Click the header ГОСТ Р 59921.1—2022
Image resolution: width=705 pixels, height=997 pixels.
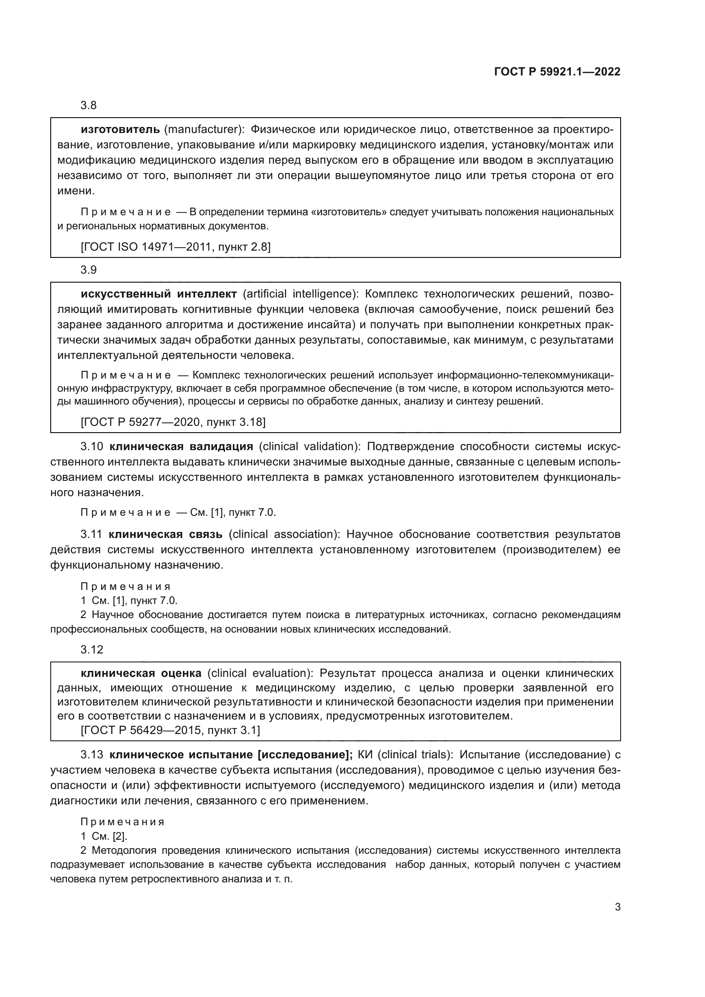click(x=557, y=72)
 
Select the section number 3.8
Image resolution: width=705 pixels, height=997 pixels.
click(x=89, y=106)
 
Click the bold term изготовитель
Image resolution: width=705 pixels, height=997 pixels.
click(x=120, y=130)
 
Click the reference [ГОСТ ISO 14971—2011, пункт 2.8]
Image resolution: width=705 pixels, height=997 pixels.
click(x=175, y=247)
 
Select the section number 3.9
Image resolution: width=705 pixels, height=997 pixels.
click(x=89, y=270)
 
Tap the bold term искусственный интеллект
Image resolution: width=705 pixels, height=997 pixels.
click(x=159, y=294)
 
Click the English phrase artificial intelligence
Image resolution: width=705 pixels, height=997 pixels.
click(x=300, y=294)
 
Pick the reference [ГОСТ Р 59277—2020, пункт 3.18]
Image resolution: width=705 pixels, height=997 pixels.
click(x=173, y=422)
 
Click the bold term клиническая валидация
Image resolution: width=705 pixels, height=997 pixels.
click(x=181, y=446)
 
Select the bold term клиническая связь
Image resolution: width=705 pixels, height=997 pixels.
click(x=165, y=534)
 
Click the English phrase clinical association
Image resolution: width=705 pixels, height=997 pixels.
click(x=283, y=534)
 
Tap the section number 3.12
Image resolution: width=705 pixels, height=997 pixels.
click(x=92, y=650)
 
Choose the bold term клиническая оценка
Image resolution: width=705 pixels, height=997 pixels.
click(x=141, y=673)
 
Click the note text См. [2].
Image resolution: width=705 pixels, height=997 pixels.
click(x=110, y=836)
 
